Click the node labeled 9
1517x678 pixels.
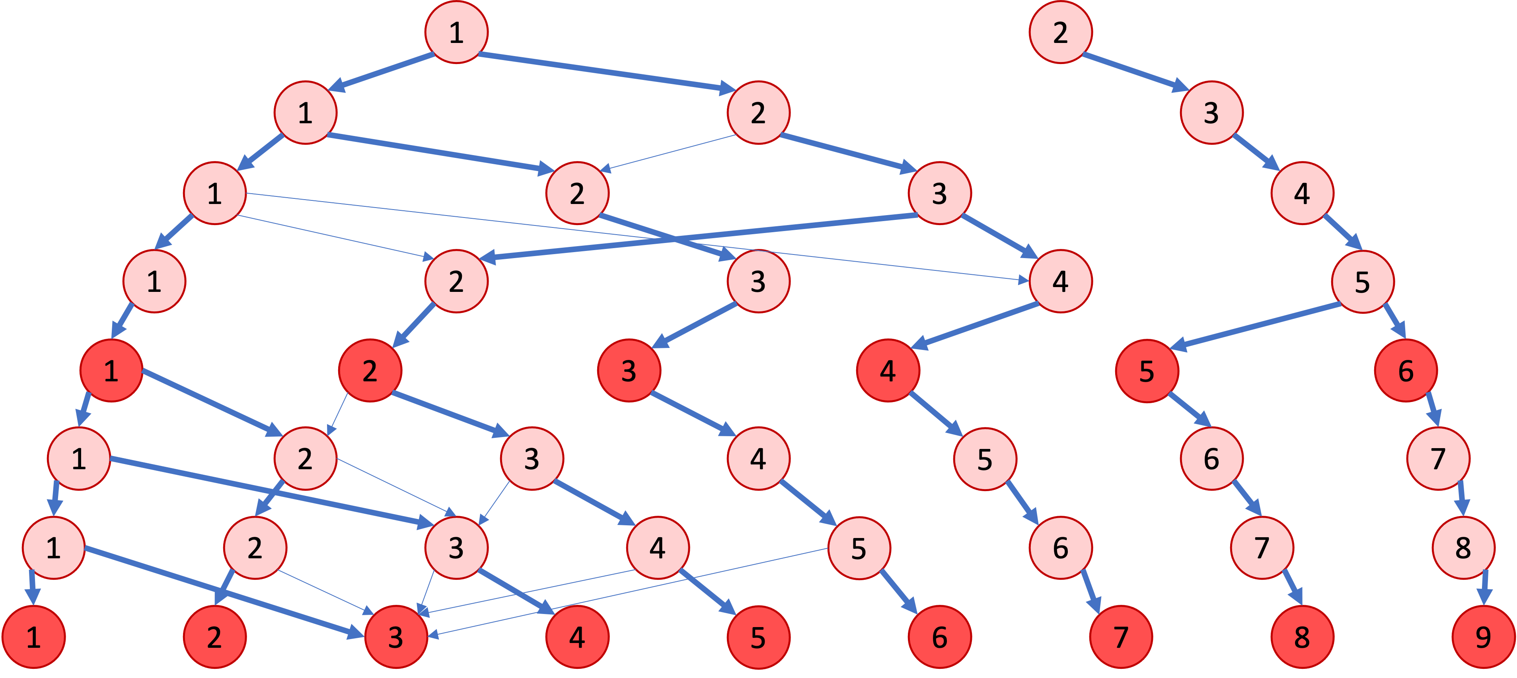pyautogui.click(x=1483, y=637)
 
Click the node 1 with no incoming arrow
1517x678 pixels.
pyautogui.click(x=456, y=32)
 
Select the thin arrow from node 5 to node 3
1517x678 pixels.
pyautogui.click(x=630, y=591)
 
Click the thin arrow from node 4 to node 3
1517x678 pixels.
pyautogui.click(x=530, y=591)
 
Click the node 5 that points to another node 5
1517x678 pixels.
pyautogui.click(x=1363, y=281)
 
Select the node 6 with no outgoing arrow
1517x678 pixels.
pyautogui.click(x=940, y=637)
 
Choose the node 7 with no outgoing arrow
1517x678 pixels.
pyautogui.click(x=1121, y=637)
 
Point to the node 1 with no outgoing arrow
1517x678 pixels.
pyautogui.click(x=33, y=637)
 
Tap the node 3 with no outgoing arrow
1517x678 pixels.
pyautogui.click(x=396, y=637)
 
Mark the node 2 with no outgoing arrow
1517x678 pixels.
pyautogui.click(x=214, y=637)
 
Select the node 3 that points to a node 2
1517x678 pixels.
pyautogui.click(x=940, y=193)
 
